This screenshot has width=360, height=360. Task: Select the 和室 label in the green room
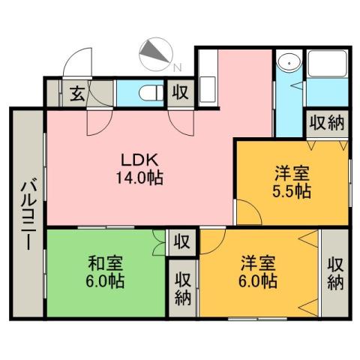[x=105, y=264]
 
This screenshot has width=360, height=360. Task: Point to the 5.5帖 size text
[x=292, y=190]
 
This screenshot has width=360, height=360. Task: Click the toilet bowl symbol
[x=148, y=93]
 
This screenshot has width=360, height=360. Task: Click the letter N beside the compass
[x=178, y=67]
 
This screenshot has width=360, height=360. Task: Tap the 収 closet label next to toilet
[x=180, y=93]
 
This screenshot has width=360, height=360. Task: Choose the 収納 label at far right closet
[x=335, y=273]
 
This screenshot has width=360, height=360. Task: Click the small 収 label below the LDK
[x=180, y=241]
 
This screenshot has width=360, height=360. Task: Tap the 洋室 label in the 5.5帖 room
[x=292, y=172]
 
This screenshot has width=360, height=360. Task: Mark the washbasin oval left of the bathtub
[x=287, y=65]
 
